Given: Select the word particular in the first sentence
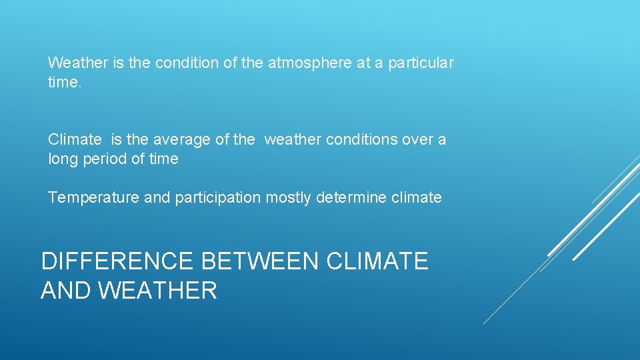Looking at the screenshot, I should [x=421, y=63].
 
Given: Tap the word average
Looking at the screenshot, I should [x=180, y=140].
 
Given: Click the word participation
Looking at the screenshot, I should [x=218, y=198].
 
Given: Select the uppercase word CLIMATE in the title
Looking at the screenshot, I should [x=377, y=261].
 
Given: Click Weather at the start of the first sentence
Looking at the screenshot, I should [x=77, y=63].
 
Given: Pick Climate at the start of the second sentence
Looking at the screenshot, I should [x=75, y=140].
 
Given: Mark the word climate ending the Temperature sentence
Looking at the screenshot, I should [x=417, y=198].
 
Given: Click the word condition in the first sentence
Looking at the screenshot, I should [x=187, y=63].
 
